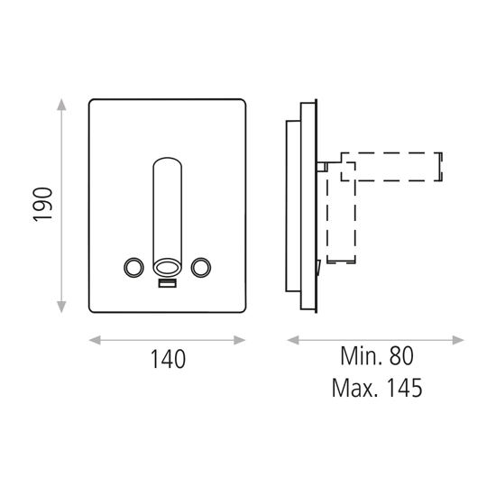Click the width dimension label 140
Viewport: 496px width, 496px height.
pyautogui.click(x=167, y=359)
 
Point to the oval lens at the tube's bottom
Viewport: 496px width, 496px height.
pyautogui.click(x=167, y=266)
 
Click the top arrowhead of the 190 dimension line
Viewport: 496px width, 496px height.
pyautogui.click(x=61, y=105)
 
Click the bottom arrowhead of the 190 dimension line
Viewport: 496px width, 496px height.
pyautogui.click(x=61, y=308)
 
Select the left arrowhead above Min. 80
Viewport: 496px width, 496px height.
pyautogui.click(x=292, y=340)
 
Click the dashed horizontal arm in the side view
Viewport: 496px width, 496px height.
pyautogui.click(x=397, y=164)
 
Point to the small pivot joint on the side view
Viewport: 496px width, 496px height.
pyautogui.click(x=323, y=165)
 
